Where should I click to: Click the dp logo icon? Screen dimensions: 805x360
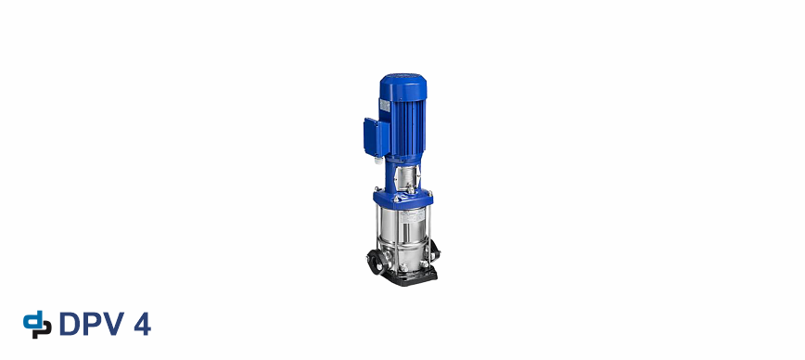coord(37,324)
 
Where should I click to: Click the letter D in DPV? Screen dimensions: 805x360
coord(70,324)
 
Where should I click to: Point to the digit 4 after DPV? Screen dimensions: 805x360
coord(142,324)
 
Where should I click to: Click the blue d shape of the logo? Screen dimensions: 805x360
coord(32,320)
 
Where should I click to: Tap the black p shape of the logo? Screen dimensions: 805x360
coord(43,329)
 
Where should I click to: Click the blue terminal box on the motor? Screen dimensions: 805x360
coord(376,137)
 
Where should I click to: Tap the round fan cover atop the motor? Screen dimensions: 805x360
coord(403,86)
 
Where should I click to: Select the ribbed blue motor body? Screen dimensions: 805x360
coord(407,126)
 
